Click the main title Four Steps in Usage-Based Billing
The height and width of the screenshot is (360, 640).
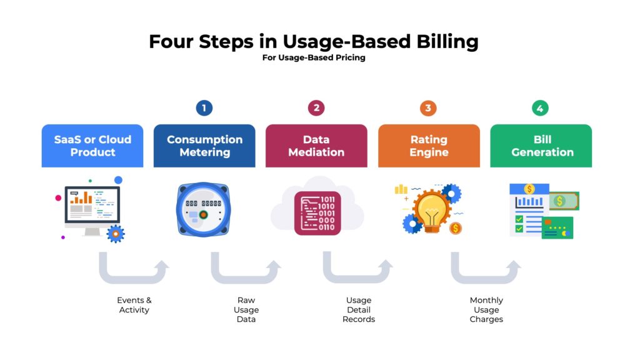313,41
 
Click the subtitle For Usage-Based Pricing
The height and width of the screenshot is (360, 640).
314,58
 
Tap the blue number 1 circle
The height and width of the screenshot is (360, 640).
204,108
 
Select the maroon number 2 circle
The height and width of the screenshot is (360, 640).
316,108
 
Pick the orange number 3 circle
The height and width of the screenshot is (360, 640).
428,108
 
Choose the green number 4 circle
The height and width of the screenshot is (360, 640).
540,108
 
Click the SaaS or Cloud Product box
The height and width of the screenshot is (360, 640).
92,146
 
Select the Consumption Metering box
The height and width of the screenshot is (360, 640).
204,146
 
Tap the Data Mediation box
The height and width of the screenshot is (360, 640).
316,146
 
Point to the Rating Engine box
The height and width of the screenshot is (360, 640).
429,146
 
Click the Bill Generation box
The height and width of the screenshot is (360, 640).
541,146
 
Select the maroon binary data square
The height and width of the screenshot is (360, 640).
317,212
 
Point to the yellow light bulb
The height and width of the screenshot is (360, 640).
432,210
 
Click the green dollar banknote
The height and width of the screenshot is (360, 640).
564,201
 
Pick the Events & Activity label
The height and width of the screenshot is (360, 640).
134,305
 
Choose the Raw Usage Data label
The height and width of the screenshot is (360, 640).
246,310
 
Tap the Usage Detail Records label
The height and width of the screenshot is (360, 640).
359,310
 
